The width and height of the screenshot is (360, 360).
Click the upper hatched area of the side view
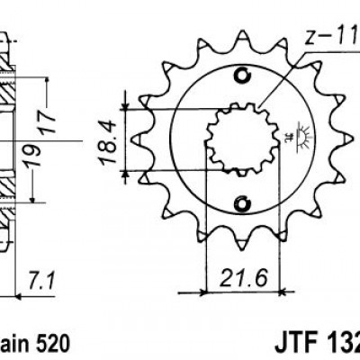click(8, 90)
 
